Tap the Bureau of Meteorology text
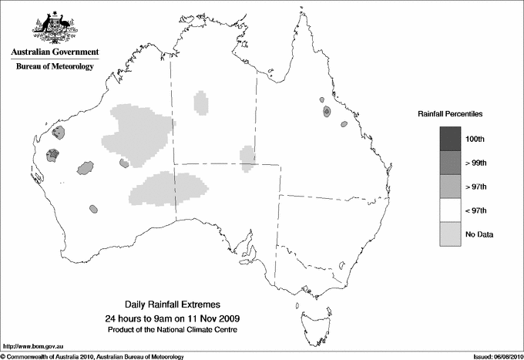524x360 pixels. coord(55,66)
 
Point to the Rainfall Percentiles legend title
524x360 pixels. coord(450,113)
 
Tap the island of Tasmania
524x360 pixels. coord(307,315)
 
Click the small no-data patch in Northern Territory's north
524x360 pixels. coord(201,102)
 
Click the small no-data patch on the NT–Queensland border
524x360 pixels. coord(247,158)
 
